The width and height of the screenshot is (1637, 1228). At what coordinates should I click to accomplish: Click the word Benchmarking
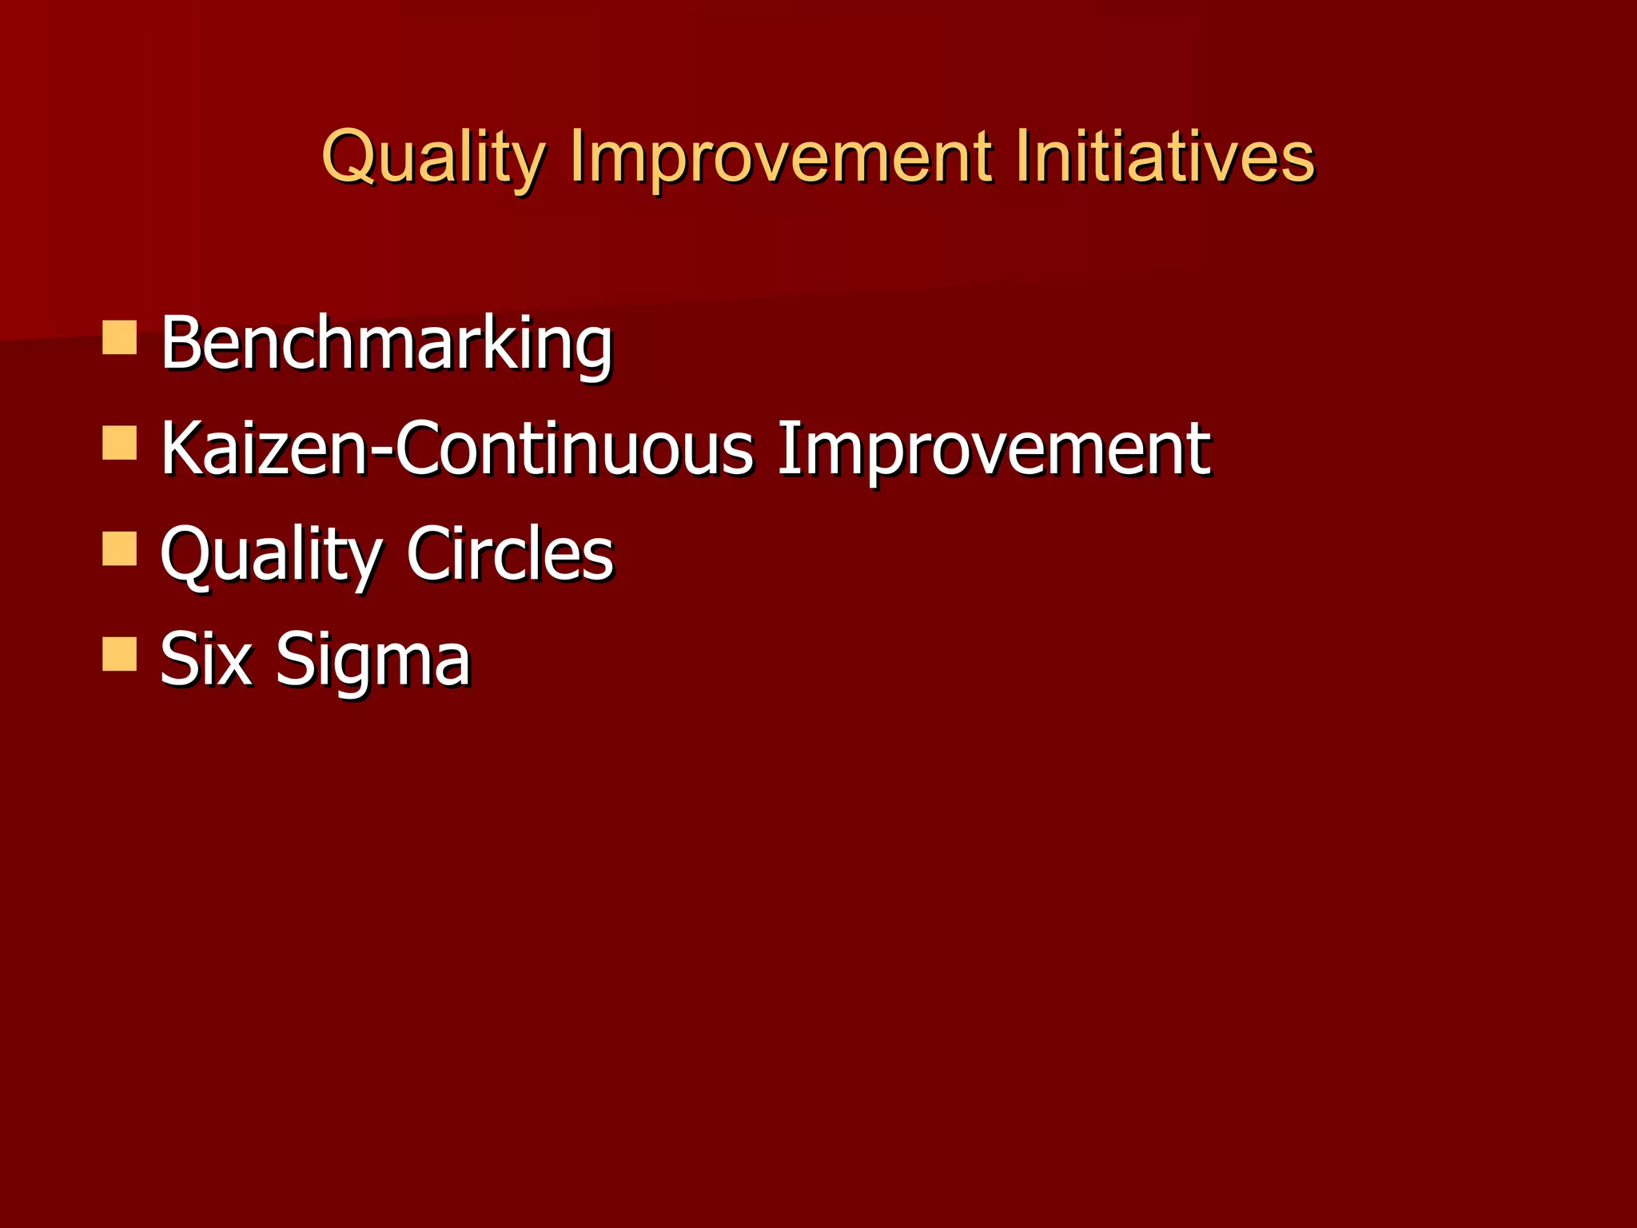[x=386, y=343]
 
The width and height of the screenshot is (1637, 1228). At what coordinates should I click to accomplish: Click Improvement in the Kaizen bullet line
[x=994, y=449]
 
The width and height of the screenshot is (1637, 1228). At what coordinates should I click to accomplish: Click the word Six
[x=206, y=659]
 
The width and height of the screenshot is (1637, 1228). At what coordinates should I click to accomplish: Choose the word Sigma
[x=373, y=660]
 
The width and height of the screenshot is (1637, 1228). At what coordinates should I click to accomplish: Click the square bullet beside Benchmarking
[x=120, y=337]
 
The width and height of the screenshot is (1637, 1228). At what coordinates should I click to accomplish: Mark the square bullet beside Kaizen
[x=120, y=443]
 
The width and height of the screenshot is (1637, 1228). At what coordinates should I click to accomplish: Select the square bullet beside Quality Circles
[x=120, y=549]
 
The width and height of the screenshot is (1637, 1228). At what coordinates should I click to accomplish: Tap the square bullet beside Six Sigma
[x=120, y=654]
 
